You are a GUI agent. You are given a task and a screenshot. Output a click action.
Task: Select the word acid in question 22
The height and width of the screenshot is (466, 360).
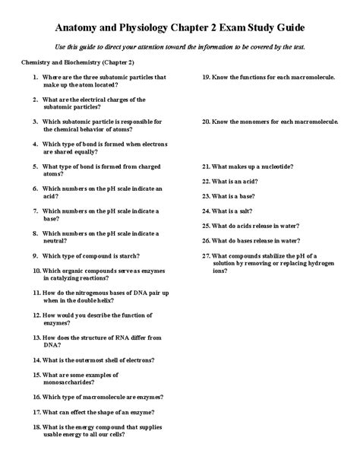(256, 181)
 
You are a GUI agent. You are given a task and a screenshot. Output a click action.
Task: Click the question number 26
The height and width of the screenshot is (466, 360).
(206, 240)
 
